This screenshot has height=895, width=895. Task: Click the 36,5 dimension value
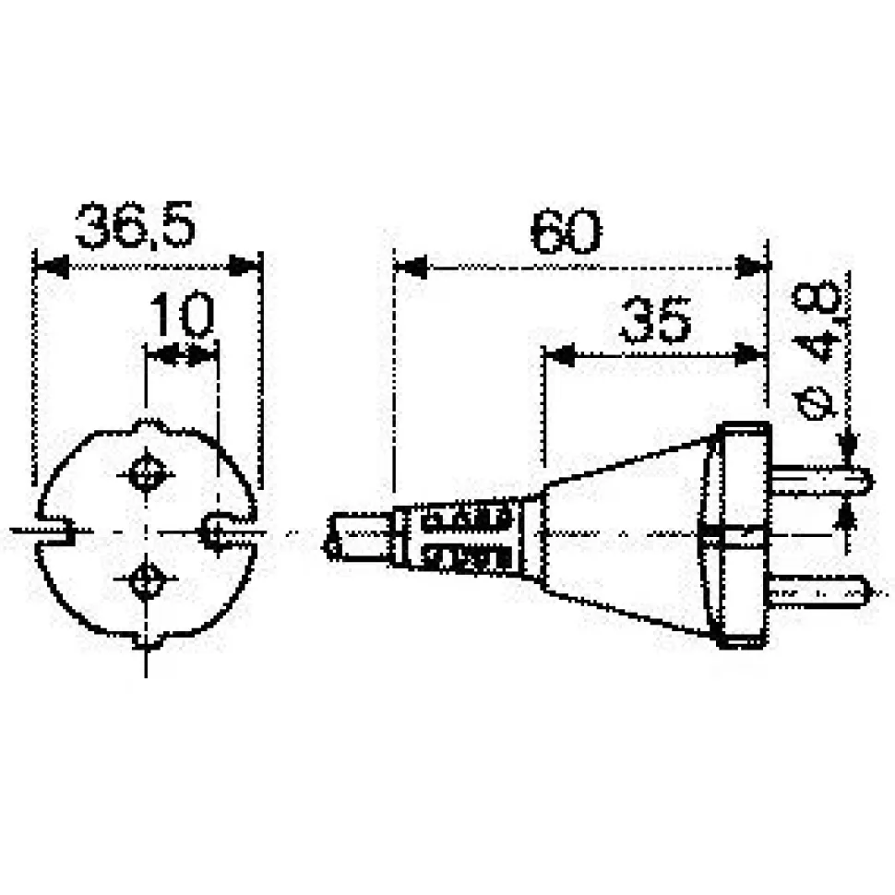coord(136,225)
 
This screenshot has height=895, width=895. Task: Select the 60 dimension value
coord(565,232)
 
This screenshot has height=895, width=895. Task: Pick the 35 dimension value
coord(655,321)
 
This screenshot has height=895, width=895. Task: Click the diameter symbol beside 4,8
coord(817,400)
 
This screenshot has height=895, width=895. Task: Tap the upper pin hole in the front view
coord(147,473)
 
